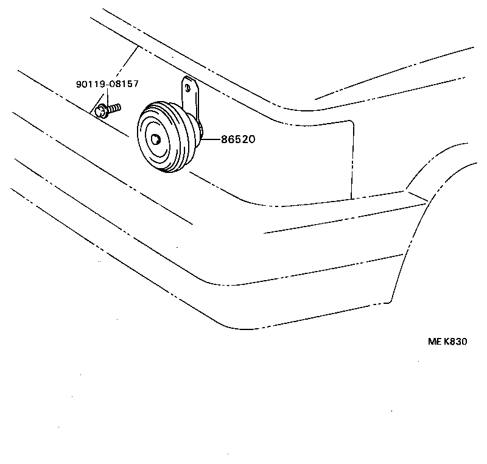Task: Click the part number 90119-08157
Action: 107,84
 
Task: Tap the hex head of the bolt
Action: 101,110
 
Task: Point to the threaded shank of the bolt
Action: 114,107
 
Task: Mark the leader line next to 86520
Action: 211,139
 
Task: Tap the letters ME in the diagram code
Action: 434,342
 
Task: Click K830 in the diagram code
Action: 455,342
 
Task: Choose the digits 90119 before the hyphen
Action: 89,84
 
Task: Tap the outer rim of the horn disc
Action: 142,122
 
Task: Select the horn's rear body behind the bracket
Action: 199,128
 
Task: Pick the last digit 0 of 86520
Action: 250,139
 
